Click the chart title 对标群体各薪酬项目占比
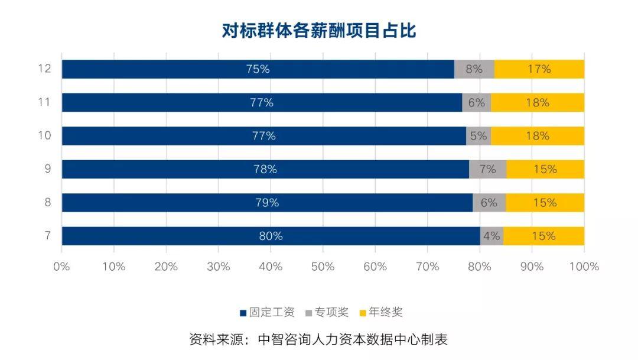319,31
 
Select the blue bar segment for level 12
258,69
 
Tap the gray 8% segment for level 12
474,69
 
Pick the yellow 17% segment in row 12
539,69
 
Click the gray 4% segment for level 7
491,236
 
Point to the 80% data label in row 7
271,236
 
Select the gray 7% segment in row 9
487,170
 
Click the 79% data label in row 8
268,203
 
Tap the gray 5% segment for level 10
478,136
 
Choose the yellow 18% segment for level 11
538,103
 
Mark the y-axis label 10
45,135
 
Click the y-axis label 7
48,236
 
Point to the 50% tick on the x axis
323,267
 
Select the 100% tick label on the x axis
584,267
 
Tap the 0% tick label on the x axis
61,267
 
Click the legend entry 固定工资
268,312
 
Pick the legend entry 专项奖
327,312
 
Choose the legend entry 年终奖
381,312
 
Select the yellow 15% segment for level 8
545,203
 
